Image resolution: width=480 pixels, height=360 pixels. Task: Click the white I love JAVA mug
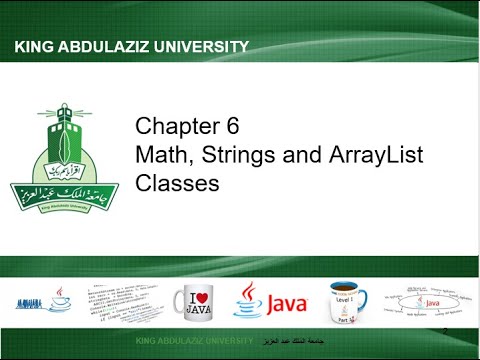coord(197,300)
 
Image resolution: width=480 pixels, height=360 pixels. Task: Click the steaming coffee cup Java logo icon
coord(249,299)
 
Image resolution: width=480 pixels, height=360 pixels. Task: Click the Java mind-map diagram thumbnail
coord(424,299)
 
